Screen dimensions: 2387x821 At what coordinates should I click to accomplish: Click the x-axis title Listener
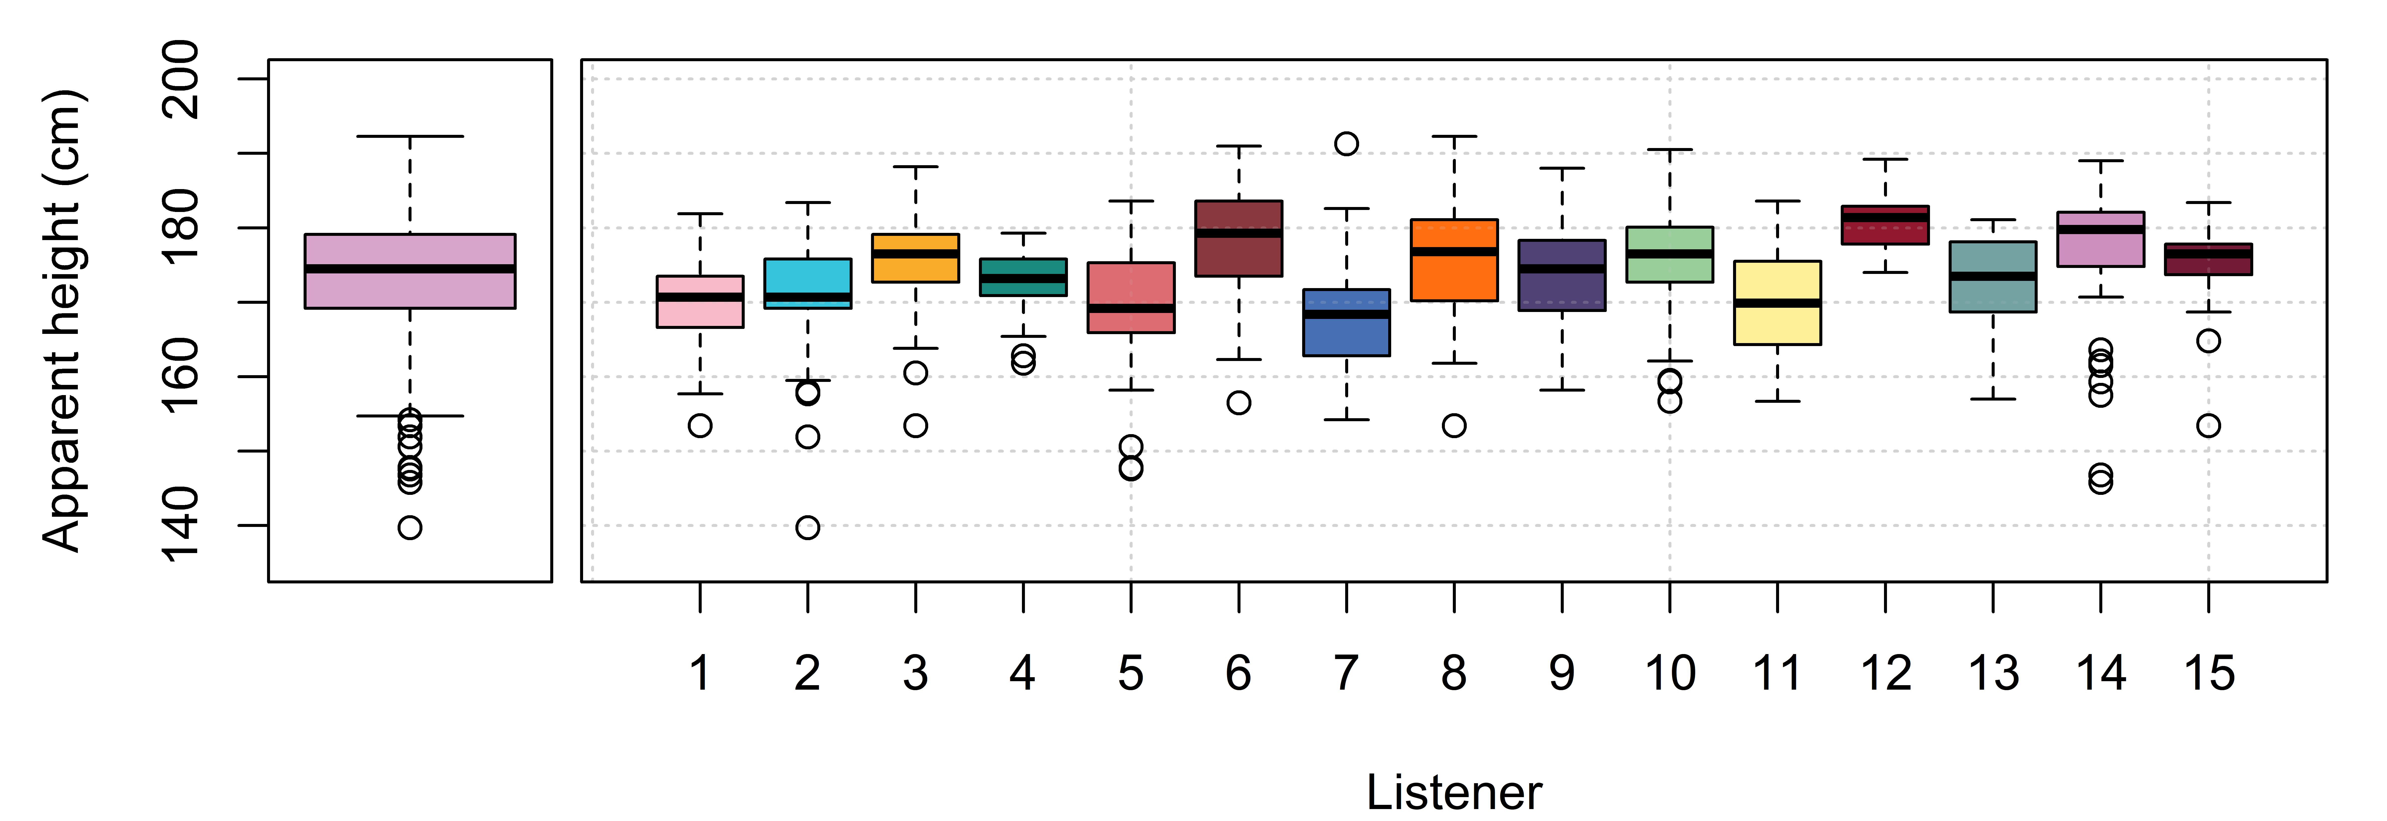click(1454, 792)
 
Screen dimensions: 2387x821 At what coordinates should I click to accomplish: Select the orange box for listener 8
click(1454, 260)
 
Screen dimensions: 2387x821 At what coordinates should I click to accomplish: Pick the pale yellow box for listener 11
click(1777, 303)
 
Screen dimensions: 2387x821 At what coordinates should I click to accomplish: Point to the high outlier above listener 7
click(1346, 144)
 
